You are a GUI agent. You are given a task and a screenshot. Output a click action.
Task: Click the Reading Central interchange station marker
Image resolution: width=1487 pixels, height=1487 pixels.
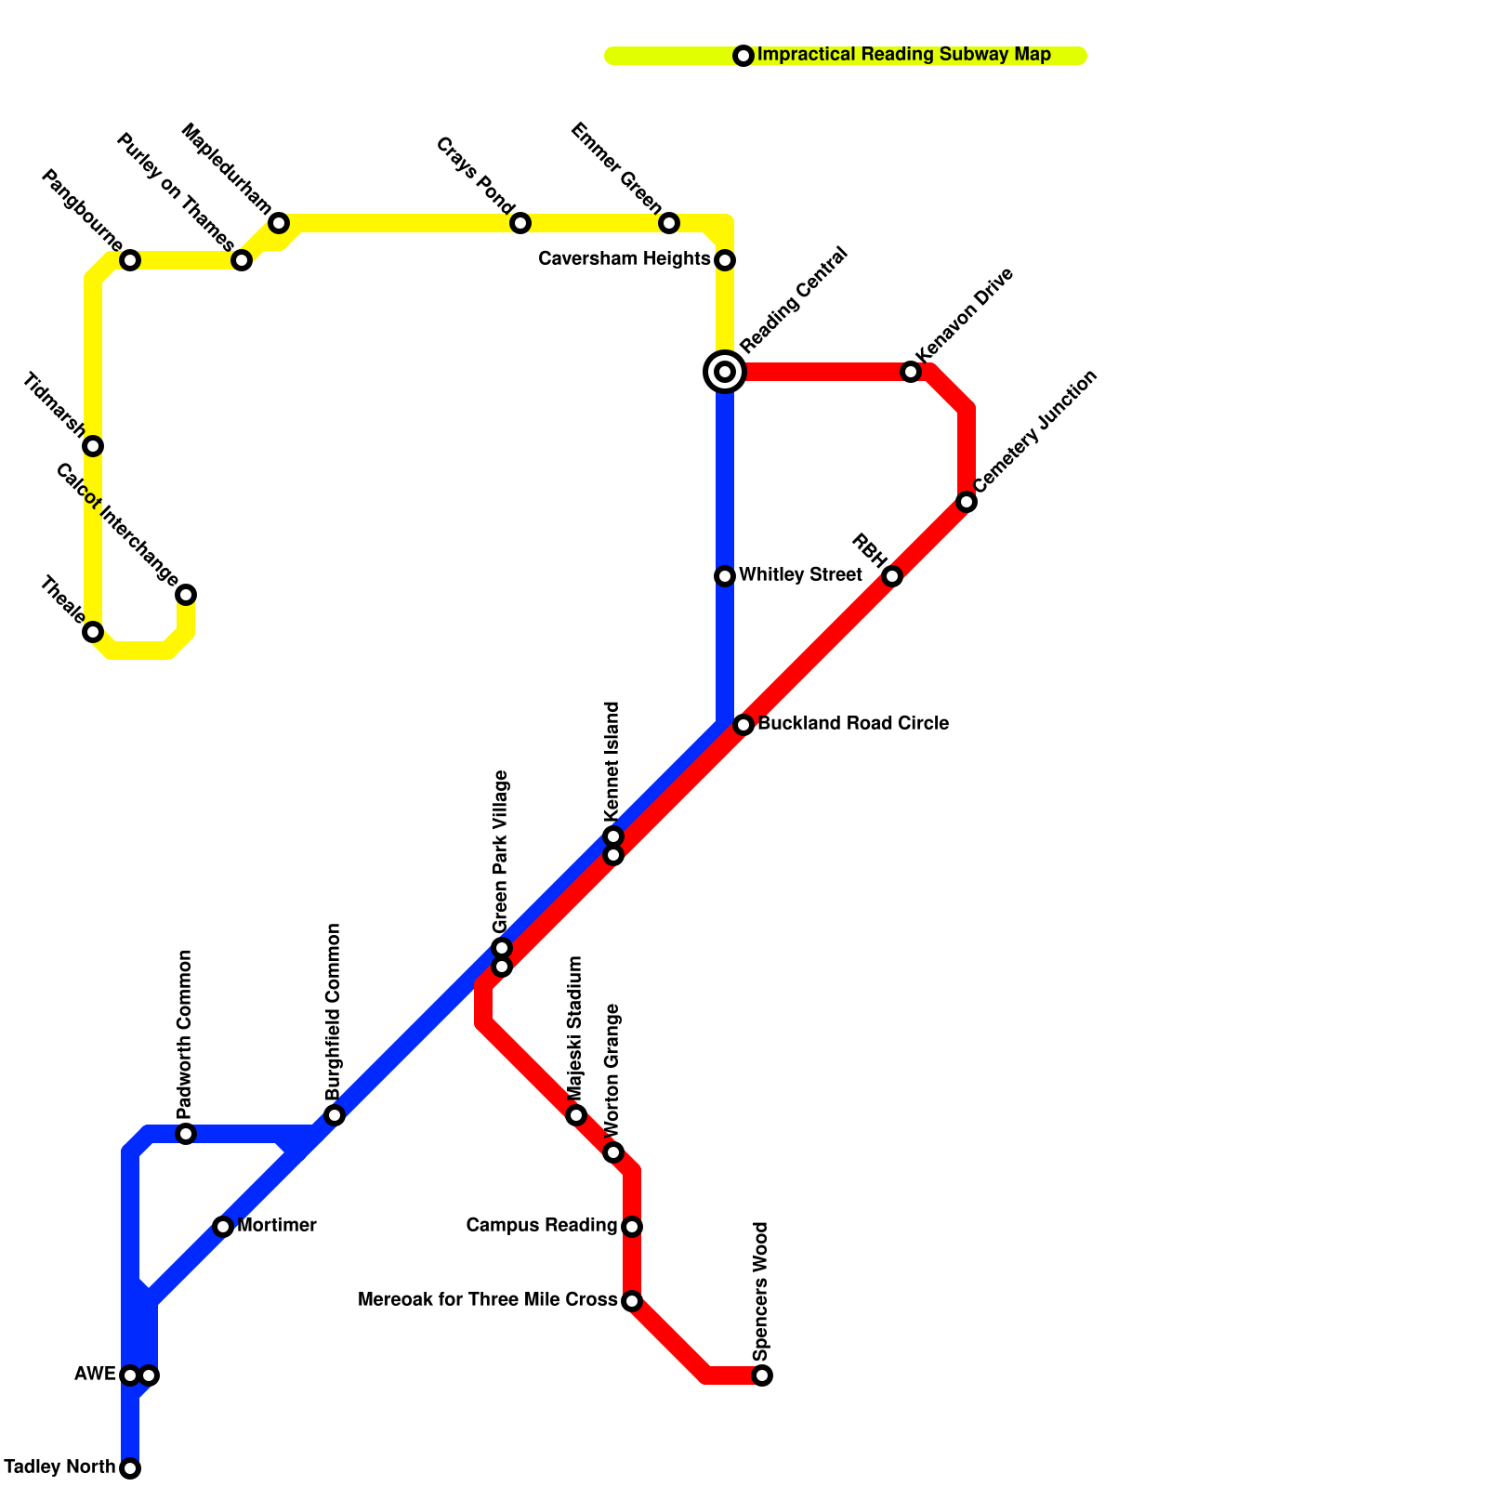pos(725,372)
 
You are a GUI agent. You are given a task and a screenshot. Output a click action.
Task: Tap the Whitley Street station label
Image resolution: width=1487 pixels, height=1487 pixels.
pos(800,575)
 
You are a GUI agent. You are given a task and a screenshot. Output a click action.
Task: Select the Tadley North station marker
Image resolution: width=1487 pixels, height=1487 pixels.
pos(130,1468)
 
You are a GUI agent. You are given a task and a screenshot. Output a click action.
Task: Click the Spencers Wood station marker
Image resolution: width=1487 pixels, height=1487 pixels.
pos(762,1375)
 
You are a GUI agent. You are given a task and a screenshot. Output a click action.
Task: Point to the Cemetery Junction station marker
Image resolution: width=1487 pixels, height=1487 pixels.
pos(967,502)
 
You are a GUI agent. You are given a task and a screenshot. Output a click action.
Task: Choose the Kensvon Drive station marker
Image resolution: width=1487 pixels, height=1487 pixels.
pos(911,372)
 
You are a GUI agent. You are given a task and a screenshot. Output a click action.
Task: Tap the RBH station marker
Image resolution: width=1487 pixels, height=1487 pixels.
pos(892,576)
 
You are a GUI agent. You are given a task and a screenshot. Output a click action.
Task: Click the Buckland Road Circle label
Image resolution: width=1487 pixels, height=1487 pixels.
pos(853,724)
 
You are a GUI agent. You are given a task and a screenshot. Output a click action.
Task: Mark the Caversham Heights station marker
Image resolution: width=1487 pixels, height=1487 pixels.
pos(725,260)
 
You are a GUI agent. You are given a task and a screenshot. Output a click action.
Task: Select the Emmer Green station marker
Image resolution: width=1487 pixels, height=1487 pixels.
pos(669,223)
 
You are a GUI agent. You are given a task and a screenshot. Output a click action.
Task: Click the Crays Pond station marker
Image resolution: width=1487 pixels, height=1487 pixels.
pos(520,223)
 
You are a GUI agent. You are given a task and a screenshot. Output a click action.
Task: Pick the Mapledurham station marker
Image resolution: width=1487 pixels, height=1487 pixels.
pos(279,223)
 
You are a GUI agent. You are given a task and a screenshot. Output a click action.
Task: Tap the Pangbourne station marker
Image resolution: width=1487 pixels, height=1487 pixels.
pos(130,260)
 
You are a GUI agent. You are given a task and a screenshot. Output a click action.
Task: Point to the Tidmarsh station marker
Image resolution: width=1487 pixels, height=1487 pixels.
pos(93,446)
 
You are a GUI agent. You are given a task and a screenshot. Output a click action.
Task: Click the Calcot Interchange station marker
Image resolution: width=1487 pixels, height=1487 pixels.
pos(186,595)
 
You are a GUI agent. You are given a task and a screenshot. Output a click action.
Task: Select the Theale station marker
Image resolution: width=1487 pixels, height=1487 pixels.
pos(93,632)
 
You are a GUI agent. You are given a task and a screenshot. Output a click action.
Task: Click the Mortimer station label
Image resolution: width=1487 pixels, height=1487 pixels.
pos(277,1226)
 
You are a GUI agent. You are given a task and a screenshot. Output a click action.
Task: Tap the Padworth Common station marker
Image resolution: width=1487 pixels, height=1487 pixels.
pos(186,1134)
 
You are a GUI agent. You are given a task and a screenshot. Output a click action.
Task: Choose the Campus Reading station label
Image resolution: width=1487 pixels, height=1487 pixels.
pos(541,1226)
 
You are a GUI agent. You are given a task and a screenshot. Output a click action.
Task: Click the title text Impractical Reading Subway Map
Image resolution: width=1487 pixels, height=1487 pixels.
pos(903,55)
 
